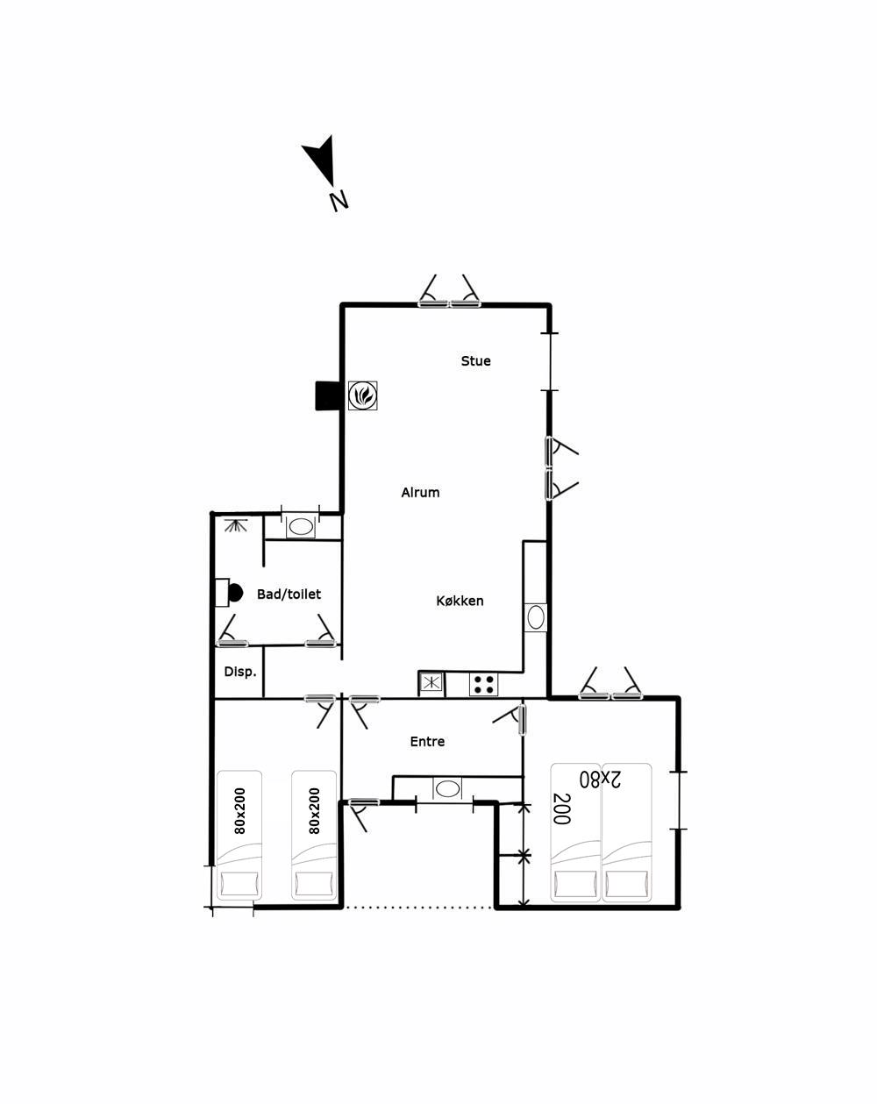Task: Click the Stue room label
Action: click(x=475, y=361)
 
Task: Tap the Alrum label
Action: click(x=420, y=493)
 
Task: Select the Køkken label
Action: click(x=460, y=601)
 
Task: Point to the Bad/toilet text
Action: click(x=289, y=594)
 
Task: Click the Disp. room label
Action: click(x=239, y=672)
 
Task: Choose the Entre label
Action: click(x=427, y=741)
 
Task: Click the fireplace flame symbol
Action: click(x=363, y=395)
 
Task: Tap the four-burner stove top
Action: click(x=483, y=684)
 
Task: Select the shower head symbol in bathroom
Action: click(x=236, y=524)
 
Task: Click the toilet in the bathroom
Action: click(x=229, y=593)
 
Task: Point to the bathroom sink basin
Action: click(x=301, y=527)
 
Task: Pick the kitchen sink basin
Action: click(x=536, y=617)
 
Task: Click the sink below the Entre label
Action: click(x=447, y=789)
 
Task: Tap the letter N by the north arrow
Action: click(x=339, y=201)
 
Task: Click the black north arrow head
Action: click(x=320, y=160)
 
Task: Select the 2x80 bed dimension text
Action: click(x=600, y=779)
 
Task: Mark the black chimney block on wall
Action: click(x=327, y=395)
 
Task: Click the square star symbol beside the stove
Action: click(x=431, y=683)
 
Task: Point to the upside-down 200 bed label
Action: click(x=561, y=809)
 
